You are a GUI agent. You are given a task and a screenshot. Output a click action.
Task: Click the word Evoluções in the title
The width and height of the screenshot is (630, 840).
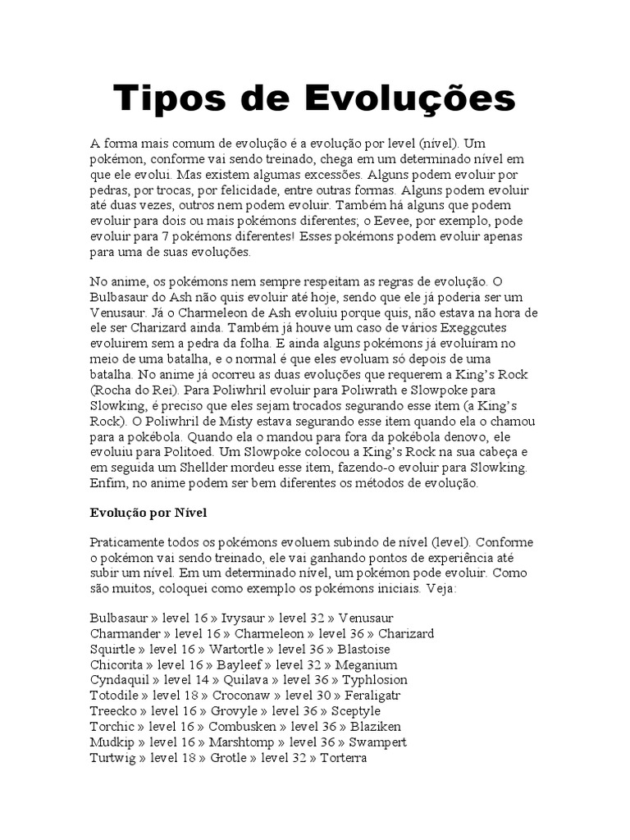(x=412, y=99)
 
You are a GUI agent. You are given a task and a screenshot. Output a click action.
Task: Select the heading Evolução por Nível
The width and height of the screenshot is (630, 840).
(x=148, y=513)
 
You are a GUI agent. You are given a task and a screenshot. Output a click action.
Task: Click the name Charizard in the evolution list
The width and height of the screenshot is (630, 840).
(x=406, y=633)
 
